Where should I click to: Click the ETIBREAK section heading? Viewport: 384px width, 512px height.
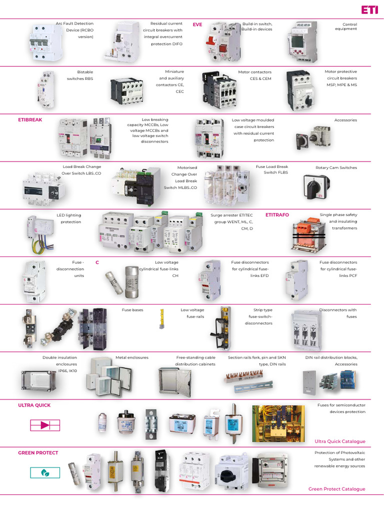(30, 120)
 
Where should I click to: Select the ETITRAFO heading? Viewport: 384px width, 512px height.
(277, 215)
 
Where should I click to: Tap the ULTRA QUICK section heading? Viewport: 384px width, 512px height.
(34, 405)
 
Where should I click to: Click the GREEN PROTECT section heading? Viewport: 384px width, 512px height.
(38, 452)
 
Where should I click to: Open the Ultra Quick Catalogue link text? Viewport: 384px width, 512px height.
(339, 441)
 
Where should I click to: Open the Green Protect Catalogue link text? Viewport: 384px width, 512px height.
(336, 489)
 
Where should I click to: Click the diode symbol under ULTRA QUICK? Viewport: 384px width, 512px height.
(45, 425)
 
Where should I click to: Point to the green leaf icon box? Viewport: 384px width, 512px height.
(45, 472)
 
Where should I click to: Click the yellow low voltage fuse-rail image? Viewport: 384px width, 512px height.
(162, 319)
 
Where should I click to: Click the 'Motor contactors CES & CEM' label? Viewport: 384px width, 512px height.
(254, 75)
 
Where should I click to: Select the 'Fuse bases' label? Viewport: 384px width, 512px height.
(132, 310)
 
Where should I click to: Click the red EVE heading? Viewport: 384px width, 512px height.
(197, 24)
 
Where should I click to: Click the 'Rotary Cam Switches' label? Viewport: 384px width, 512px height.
(336, 167)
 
